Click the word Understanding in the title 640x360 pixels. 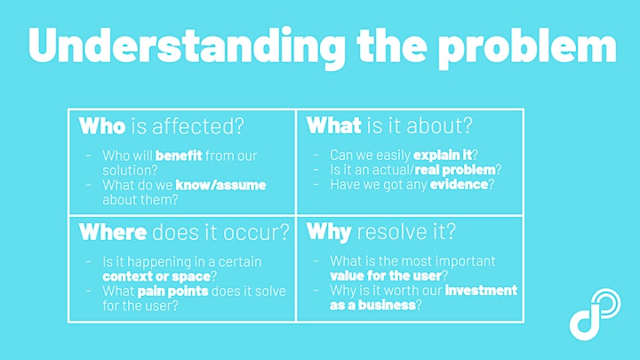186,45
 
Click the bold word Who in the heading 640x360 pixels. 102,125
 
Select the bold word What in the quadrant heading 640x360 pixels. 333,125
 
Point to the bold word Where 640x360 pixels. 113,232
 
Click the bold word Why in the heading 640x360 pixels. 329,232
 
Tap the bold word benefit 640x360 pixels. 179,156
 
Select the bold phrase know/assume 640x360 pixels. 220,185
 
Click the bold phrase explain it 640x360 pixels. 443,155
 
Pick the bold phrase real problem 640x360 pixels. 455,170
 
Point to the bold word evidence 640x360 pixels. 459,185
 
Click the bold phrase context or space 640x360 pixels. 156,276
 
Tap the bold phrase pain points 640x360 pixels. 172,291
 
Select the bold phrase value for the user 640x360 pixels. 386,276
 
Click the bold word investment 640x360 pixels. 481,290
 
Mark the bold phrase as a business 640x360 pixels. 372,305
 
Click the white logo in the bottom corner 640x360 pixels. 595,314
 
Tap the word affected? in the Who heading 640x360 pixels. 197,125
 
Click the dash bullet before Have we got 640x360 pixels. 316,184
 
